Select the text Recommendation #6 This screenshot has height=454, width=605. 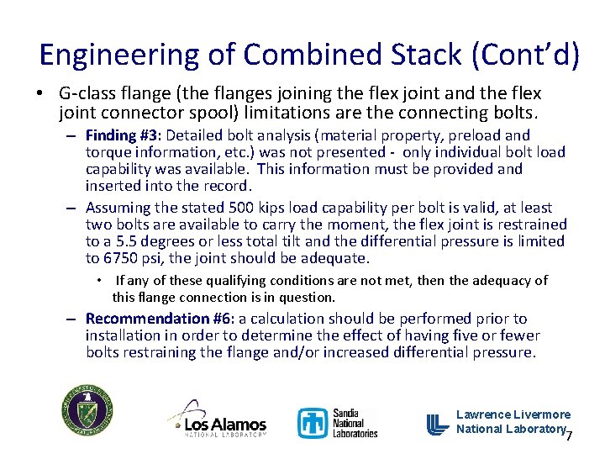pos(160,319)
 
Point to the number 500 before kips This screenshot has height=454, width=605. pos(232,208)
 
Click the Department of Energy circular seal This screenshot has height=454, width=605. pos(87,411)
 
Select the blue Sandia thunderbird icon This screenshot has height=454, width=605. pos(313,423)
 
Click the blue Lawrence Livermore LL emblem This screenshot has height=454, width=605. pos(438,424)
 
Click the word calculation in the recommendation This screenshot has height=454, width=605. pos(295,319)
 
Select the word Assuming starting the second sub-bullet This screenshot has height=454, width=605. pos(118,208)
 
